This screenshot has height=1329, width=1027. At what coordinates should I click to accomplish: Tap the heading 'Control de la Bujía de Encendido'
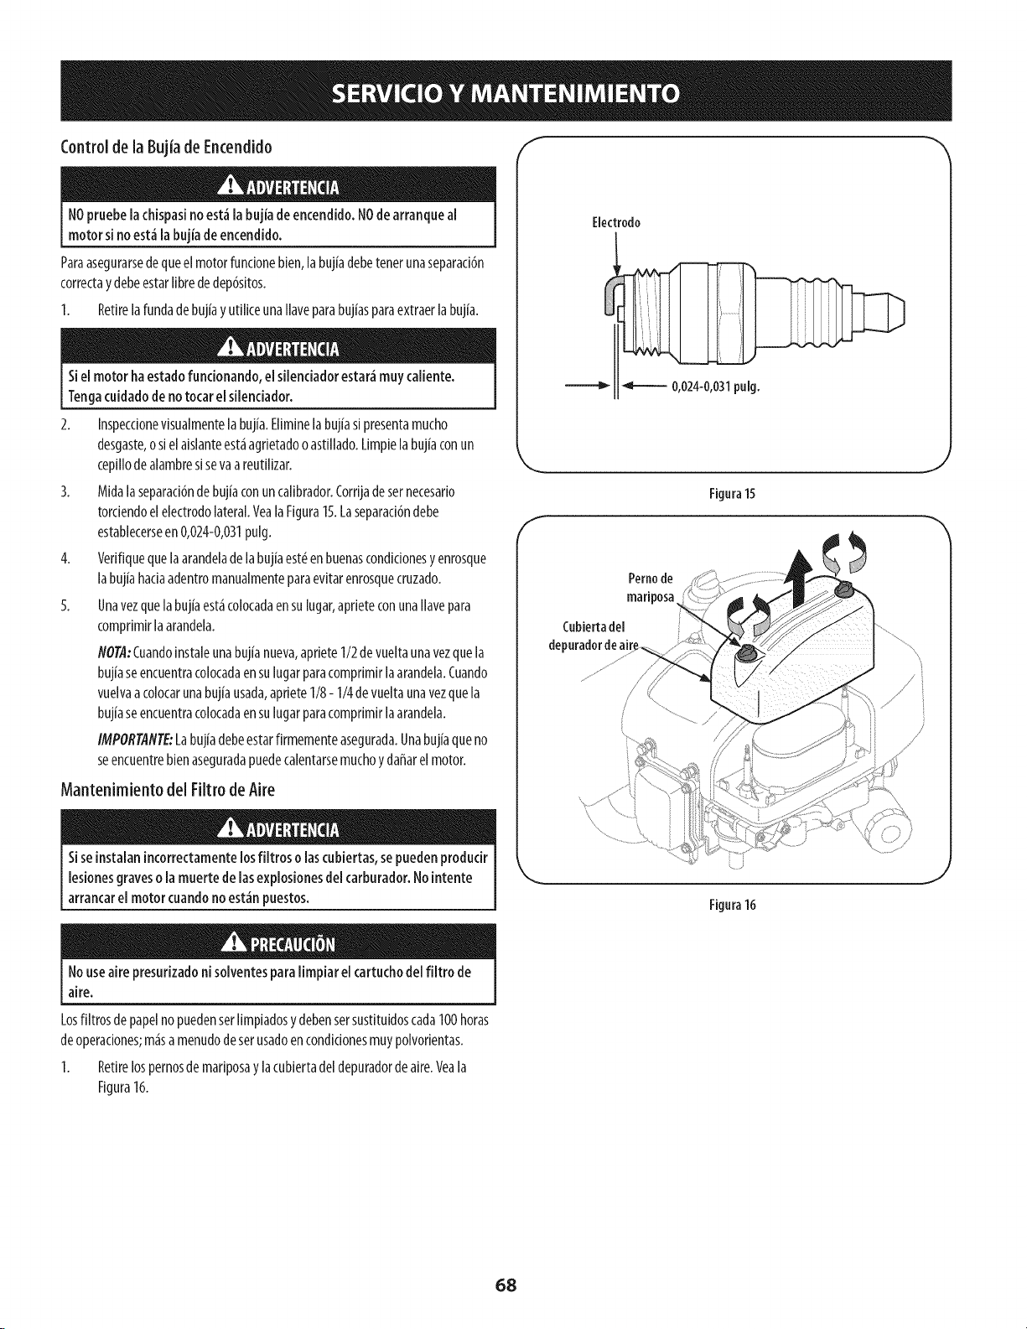pos(167,148)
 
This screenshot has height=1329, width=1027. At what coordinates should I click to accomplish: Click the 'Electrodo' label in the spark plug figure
pos(616,222)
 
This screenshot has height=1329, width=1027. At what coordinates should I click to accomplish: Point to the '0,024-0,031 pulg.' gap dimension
pos(716,386)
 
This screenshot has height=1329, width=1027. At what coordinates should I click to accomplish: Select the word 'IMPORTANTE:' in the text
pos(134,740)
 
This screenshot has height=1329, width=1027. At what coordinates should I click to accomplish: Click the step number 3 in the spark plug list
pos(65,491)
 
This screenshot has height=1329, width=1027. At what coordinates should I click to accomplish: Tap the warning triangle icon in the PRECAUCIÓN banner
pos(229,944)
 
